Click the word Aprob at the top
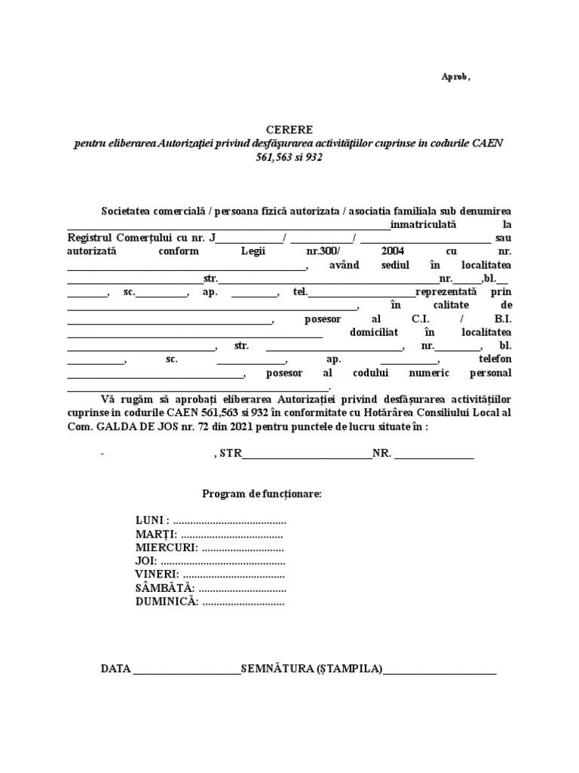[455, 77]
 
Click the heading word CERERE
[289, 130]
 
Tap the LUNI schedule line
[210, 522]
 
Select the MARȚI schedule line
[209, 535]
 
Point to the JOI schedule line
[210, 562]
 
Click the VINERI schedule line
[210, 574]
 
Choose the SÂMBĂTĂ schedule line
[210, 588]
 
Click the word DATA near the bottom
[116, 670]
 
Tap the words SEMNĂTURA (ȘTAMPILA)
[311, 670]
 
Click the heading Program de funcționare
[262, 494]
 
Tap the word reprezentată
[446, 291]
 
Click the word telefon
[495, 359]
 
